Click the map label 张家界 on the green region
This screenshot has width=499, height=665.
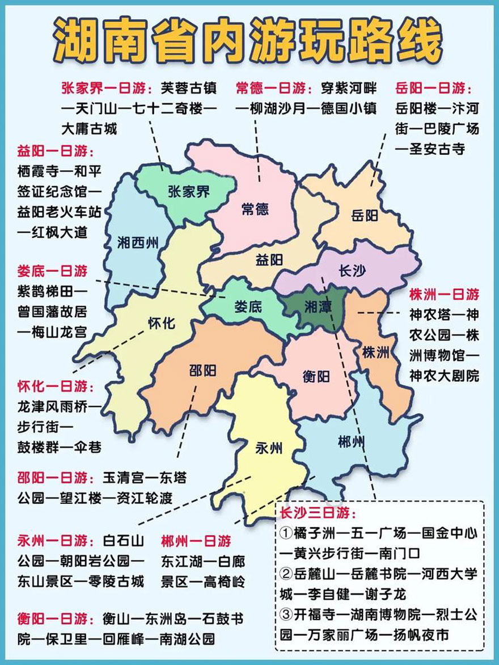click(x=189, y=191)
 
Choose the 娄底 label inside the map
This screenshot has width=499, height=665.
click(x=248, y=307)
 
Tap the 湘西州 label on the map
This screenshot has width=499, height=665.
click(x=138, y=243)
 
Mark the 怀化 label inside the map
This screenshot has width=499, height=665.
click(x=162, y=324)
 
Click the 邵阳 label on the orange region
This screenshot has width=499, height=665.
click(x=202, y=371)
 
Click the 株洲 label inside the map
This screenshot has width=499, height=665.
click(x=376, y=352)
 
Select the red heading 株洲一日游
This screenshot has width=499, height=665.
click(x=444, y=294)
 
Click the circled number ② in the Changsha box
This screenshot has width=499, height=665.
click(x=286, y=573)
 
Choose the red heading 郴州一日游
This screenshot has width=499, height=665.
click(x=196, y=540)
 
